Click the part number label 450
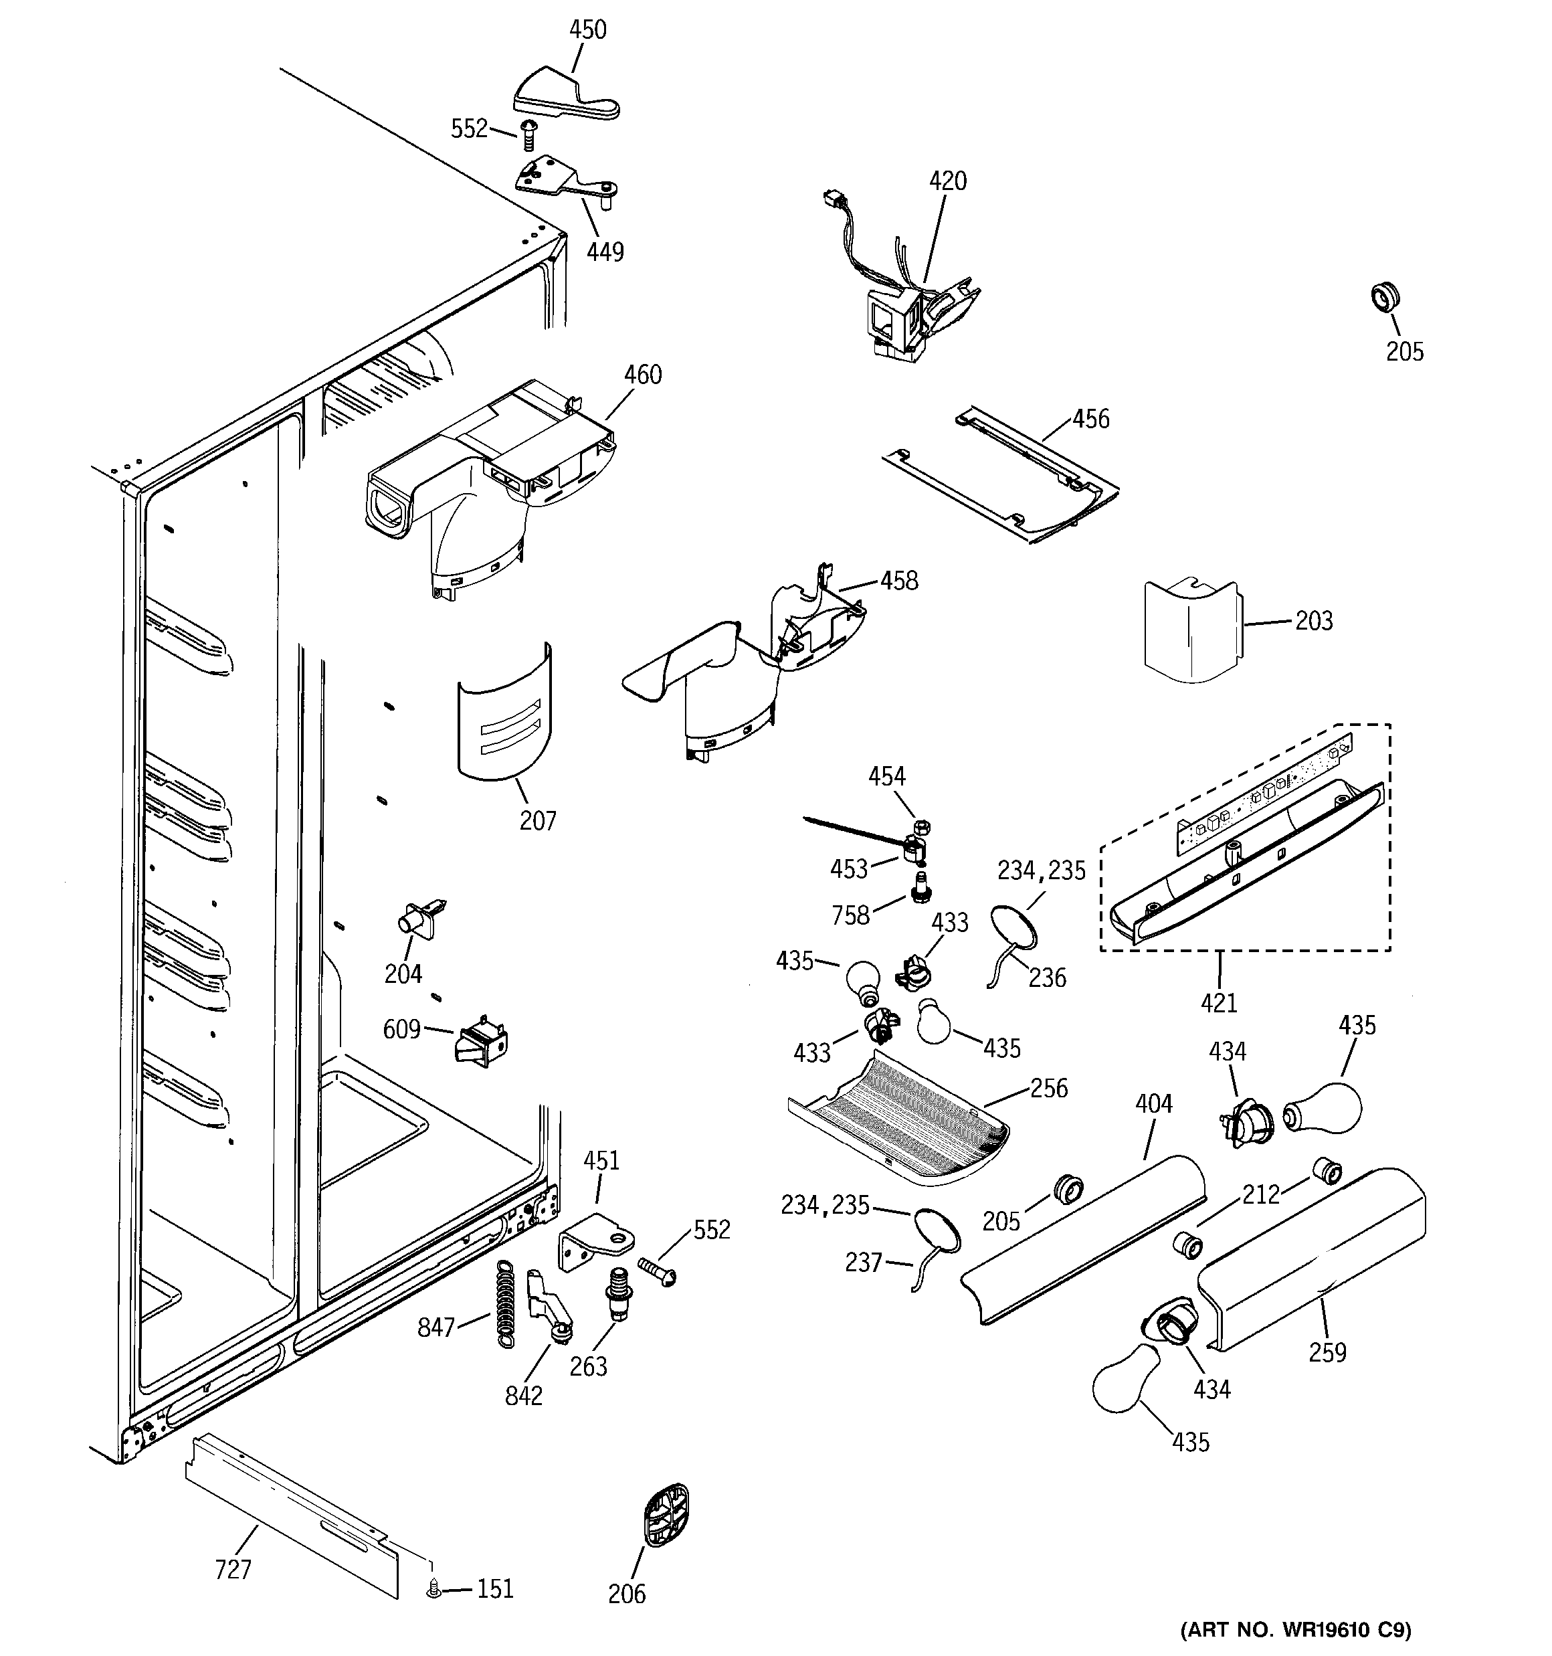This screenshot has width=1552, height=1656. click(x=587, y=30)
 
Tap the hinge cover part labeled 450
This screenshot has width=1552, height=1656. click(x=563, y=96)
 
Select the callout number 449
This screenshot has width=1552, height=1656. click(x=605, y=252)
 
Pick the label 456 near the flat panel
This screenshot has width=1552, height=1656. click(x=1090, y=419)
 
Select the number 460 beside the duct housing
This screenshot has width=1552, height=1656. click(x=642, y=375)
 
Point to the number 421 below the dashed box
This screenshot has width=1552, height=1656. click(x=1219, y=1003)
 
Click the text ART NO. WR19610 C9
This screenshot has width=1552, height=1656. click(x=1295, y=1629)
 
